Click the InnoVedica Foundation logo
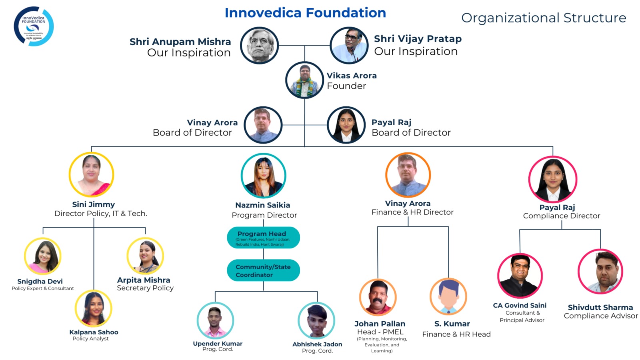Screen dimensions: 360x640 point(34,26)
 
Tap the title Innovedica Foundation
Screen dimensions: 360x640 point(305,13)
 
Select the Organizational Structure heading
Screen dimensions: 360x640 point(544,18)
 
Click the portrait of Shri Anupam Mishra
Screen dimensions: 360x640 point(259,45)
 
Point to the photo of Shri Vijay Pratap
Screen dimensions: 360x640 point(349,45)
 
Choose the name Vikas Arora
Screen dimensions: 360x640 point(352,76)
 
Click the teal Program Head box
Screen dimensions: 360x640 point(263,238)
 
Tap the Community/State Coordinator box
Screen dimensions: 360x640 point(263,271)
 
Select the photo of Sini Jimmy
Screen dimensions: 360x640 point(92,174)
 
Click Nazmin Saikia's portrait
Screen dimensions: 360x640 point(264,176)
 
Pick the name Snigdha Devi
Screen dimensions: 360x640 point(40,281)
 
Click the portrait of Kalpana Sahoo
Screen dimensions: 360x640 point(94,308)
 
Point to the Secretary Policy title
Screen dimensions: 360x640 point(145,288)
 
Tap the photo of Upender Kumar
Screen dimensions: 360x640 point(215,320)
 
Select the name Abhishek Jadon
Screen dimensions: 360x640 point(317,344)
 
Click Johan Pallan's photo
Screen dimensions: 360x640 point(378,298)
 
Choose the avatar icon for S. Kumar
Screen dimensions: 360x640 point(448,297)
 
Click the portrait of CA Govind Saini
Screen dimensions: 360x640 point(520,276)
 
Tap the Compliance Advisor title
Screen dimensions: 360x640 point(601,316)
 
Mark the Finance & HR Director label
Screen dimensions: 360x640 point(412,212)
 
